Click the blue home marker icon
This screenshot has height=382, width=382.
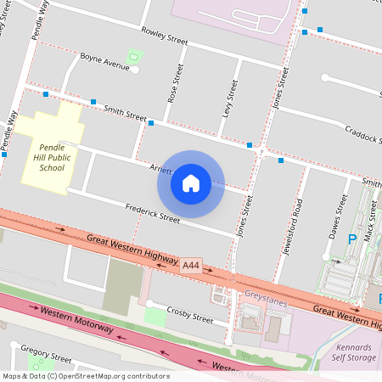[191, 183]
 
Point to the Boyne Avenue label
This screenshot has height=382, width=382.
[104, 60]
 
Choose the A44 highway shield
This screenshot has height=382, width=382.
[192, 266]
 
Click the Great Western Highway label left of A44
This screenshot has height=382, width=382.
[132, 249]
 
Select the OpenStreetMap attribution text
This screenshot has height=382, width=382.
[85, 376]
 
